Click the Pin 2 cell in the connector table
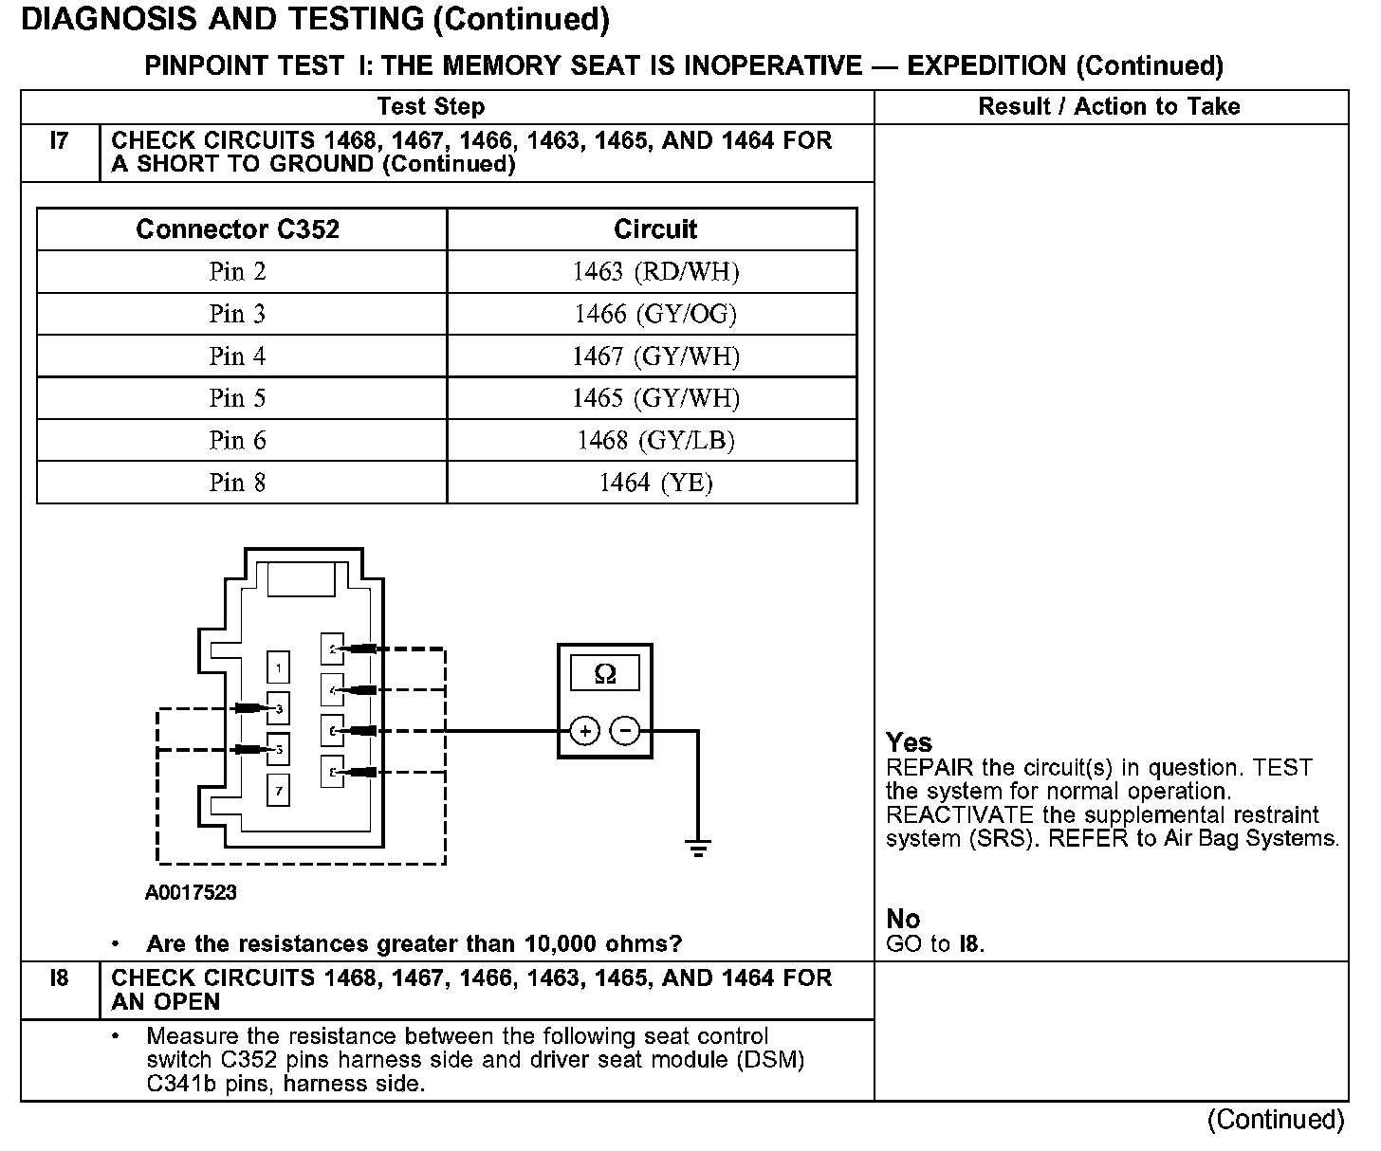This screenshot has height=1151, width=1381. click(x=237, y=272)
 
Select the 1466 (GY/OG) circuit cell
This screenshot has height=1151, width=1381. click(x=654, y=314)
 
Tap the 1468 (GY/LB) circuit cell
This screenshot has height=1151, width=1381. click(x=654, y=440)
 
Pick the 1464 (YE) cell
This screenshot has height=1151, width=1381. click(x=654, y=483)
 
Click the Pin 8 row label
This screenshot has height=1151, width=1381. click(x=237, y=483)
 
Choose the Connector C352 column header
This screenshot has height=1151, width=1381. click(x=237, y=229)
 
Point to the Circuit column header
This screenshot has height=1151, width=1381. click(x=654, y=229)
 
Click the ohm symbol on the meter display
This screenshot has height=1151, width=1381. click(x=604, y=674)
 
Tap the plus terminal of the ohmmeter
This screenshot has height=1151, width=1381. click(x=585, y=731)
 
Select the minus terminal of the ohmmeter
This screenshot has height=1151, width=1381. click(x=624, y=731)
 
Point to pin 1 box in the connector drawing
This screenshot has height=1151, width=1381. click(x=278, y=668)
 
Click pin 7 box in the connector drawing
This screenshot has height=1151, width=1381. click(x=278, y=790)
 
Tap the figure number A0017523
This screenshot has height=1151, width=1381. click(x=191, y=892)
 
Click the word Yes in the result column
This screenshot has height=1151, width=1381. click(x=909, y=742)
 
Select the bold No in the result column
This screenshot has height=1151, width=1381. click(x=903, y=919)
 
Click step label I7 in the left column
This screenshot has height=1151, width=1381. click(x=59, y=141)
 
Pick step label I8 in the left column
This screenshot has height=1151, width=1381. click(x=59, y=978)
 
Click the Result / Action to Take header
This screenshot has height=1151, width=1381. click(x=1109, y=106)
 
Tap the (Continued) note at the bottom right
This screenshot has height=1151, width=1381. click(x=1275, y=1120)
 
